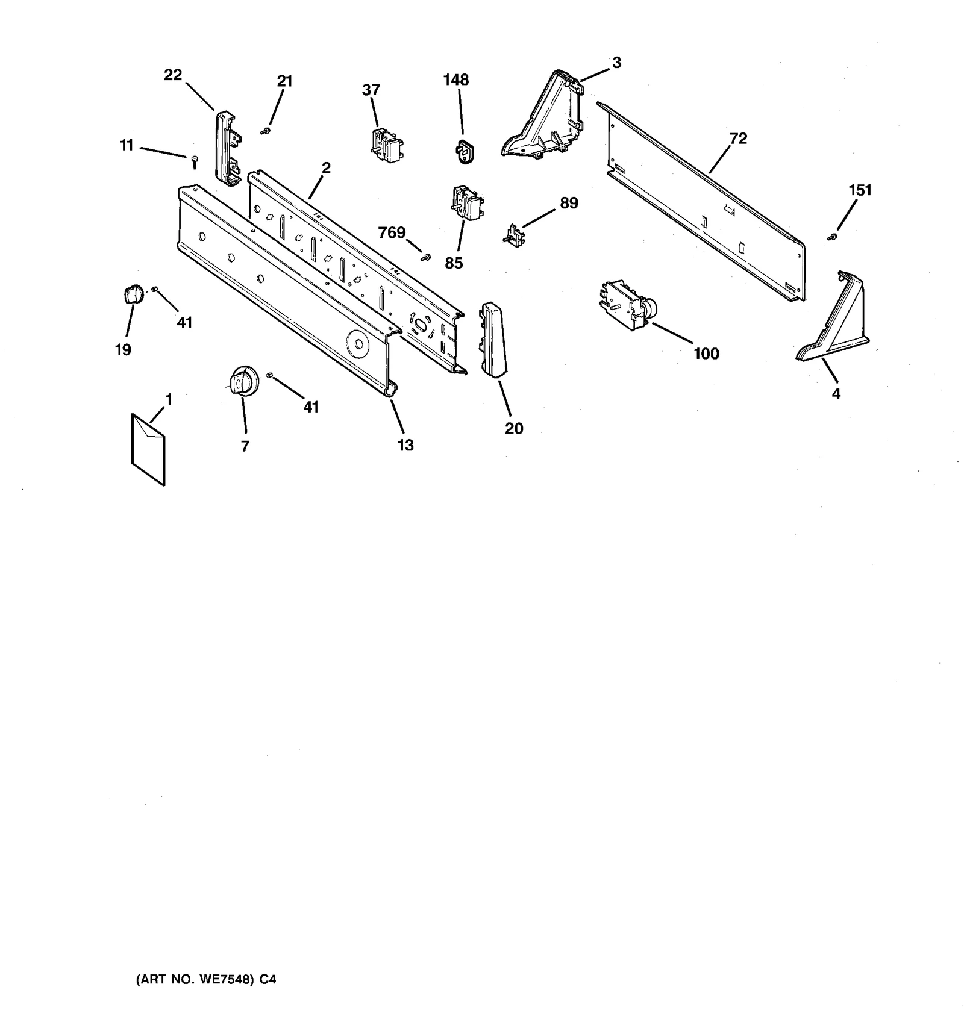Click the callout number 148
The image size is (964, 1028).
click(x=456, y=79)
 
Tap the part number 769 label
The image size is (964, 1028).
click(x=392, y=232)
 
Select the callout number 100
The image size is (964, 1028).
click(x=706, y=354)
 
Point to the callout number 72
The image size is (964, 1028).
click(x=738, y=139)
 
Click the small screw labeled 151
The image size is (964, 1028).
click(x=832, y=238)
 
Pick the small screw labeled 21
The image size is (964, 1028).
click(x=264, y=131)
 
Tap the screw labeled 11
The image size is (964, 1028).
click(x=194, y=160)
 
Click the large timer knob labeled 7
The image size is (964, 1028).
click(x=243, y=381)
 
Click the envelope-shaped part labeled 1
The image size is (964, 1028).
click(x=148, y=447)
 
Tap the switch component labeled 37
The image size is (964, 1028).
click(x=386, y=146)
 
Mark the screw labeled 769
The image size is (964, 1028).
click(x=427, y=257)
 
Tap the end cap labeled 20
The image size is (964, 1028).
click(x=492, y=340)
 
